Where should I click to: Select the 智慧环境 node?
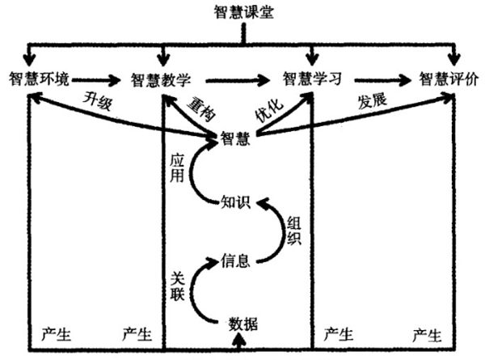click(40, 79)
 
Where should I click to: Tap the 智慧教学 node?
click(161, 79)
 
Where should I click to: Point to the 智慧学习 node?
click(312, 79)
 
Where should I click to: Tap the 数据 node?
click(242, 324)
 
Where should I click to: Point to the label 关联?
click(179, 283)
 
